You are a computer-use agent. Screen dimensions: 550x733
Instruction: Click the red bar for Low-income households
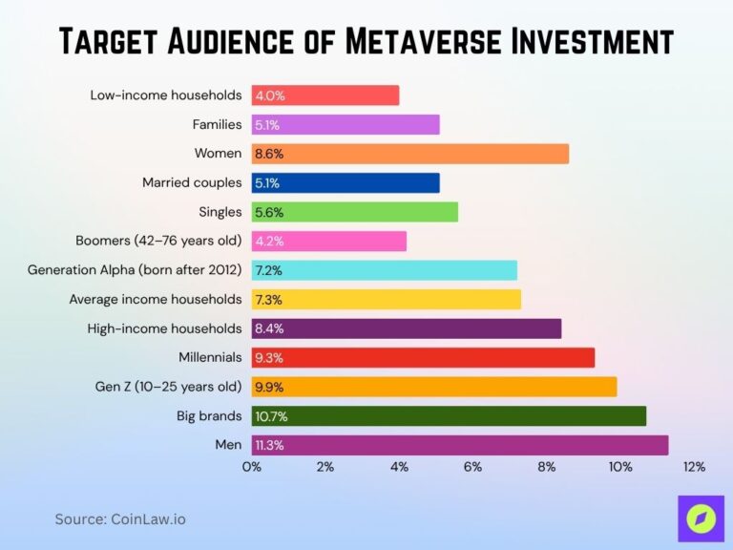[325, 95]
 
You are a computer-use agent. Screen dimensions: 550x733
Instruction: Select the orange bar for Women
[410, 154]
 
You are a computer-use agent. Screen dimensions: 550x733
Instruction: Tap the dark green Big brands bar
[449, 416]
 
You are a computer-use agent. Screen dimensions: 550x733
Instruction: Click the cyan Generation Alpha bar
[385, 270]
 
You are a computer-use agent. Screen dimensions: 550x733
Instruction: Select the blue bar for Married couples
[346, 182]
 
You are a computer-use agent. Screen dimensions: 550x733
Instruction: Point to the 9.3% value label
[269, 358]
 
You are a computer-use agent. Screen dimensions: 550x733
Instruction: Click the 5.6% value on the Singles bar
[269, 212]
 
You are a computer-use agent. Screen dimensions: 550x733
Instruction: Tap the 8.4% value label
[269, 328]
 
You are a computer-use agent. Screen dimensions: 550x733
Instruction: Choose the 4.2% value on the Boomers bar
[269, 242]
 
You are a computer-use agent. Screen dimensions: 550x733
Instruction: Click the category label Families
[217, 124]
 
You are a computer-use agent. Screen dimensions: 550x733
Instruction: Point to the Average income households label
[155, 299]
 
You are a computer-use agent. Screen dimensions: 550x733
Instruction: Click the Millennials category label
[210, 357]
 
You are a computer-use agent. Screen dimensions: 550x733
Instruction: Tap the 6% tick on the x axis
[472, 467]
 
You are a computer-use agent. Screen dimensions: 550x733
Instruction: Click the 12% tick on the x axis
[694, 467]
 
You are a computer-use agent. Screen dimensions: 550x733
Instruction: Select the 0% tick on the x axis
[252, 467]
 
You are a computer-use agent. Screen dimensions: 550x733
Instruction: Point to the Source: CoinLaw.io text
[120, 519]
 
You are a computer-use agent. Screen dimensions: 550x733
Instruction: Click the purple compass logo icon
[701, 519]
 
